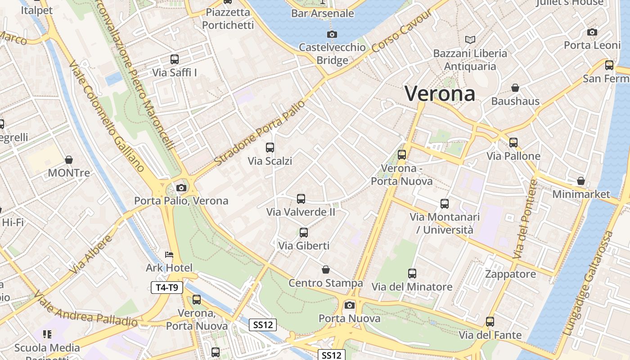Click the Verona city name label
[440, 94]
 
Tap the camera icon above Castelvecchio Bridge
[332, 35]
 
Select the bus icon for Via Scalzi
[270, 148]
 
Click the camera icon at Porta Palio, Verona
[181, 188]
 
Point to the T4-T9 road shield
[167, 288]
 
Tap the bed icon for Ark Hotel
[169, 255]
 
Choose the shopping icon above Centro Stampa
[326, 270]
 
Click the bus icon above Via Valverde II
[301, 198]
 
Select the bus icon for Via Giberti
[304, 233]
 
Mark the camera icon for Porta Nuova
[350, 305]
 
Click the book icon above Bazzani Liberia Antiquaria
[470, 40]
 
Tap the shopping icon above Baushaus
[515, 88]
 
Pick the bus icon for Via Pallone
[513, 143]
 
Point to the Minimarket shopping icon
[581, 181]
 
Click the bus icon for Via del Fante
[490, 322]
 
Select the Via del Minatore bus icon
[412, 273]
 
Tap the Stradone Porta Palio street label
[260, 132]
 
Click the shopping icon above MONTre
[69, 160]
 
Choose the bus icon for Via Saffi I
[175, 59]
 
